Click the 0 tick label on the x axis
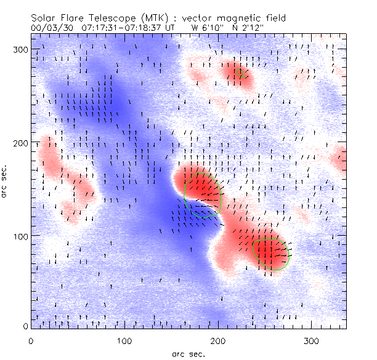(31, 340)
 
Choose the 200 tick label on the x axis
(217, 340)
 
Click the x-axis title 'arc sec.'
(188, 353)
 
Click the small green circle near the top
(240, 73)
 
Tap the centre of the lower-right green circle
(271, 252)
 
